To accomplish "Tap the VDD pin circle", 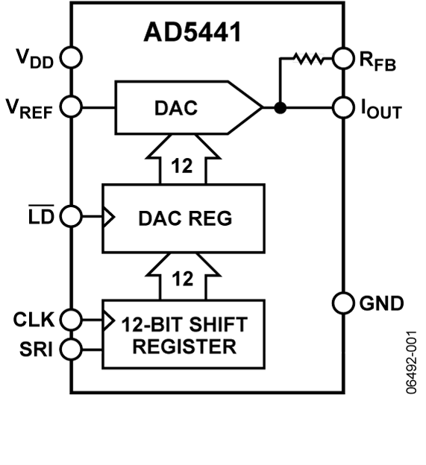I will [72, 57].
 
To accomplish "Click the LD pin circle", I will [72, 217].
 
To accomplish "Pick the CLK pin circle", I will [72, 320].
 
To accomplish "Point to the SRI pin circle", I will [72, 348].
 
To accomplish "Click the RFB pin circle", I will [344, 57].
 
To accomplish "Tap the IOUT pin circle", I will [344, 107].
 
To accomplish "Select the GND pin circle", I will [344, 304].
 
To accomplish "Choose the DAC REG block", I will [184, 218].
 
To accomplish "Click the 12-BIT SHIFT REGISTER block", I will [184, 334].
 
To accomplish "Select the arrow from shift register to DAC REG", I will [183, 276].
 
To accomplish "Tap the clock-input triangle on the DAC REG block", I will [109, 217].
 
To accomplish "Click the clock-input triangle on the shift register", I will [109, 320].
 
